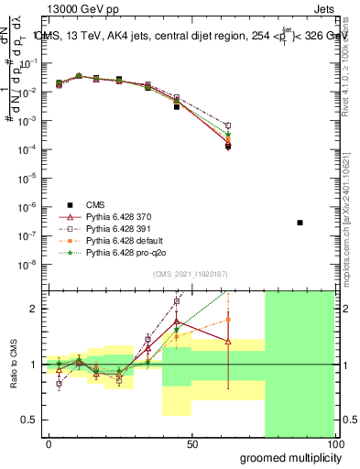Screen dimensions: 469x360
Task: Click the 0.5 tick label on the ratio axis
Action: click(28, 420)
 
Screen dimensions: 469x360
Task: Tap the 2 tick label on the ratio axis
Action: click(33, 310)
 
